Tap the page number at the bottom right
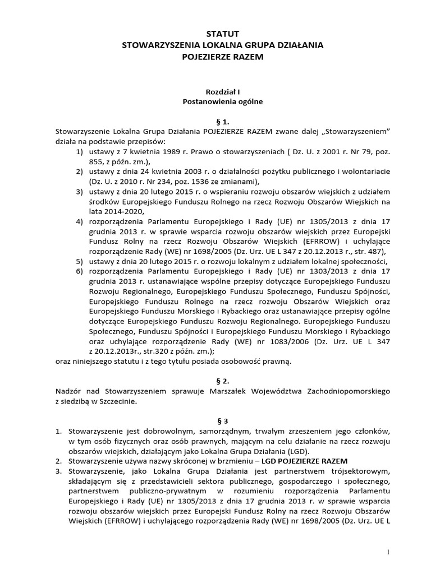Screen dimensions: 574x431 tap(388, 552)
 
